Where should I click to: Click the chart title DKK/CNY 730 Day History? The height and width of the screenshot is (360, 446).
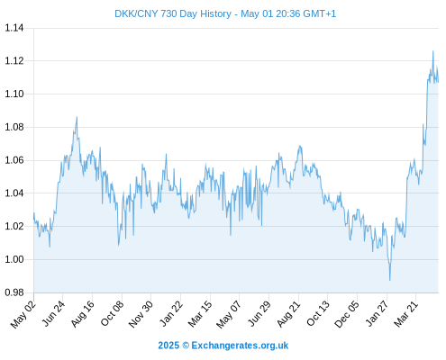coord(173,13)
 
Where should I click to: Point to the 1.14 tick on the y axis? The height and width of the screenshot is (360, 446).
coord(14,28)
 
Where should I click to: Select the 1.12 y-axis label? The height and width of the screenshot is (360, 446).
coord(14,61)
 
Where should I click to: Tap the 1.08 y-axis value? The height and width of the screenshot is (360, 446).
coord(14,127)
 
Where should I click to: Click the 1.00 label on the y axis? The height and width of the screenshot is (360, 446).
coord(14,259)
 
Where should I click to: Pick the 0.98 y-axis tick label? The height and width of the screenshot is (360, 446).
coord(14,292)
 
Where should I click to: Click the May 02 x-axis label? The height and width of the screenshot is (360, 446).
coord(23,314)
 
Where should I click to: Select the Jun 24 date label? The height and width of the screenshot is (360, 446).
coord(53,314)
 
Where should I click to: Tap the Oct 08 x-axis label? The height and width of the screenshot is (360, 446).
coord(112,314)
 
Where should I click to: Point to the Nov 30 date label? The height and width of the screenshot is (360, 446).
coord(141,314)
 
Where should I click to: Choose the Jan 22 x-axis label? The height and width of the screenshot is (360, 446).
coord(170,314)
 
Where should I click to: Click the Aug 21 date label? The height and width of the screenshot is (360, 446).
coord(288,314)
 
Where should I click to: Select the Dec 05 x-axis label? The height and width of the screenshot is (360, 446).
coord(346,314)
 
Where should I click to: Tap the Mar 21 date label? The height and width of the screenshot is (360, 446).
coord(405,314)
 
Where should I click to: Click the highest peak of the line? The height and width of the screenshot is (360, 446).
coord(432,51)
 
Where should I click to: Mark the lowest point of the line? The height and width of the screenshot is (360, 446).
coord(390,281)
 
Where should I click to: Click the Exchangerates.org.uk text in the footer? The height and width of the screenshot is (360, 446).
coord(240,346)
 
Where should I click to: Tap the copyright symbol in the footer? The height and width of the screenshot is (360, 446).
coord(186,346)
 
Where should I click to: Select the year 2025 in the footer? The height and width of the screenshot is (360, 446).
coord(168,346)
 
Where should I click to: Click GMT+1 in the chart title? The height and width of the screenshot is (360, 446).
coord(320,13)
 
